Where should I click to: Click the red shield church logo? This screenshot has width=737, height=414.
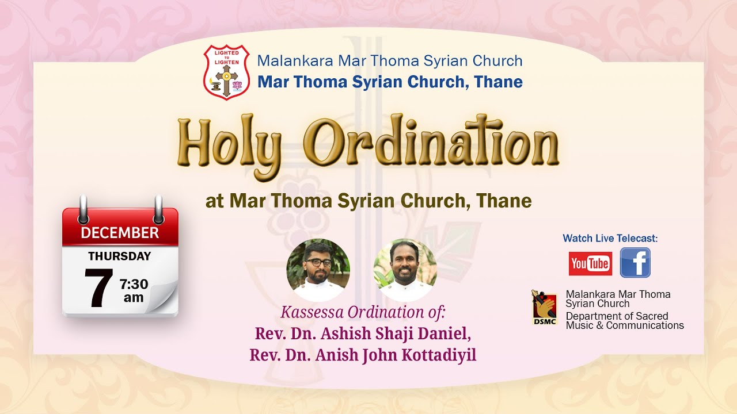pyautogui.click(x=226, y=72)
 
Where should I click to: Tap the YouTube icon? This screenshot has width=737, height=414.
pyautogui.click(x=590, y=263)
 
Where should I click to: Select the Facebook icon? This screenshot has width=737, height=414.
pyautogui.click(x=635, y=263)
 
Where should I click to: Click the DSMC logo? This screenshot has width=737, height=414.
pyautogui.click(x=544, y=308)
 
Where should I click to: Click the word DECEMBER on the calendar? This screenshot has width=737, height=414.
pyautogui.click(x=120, y=232)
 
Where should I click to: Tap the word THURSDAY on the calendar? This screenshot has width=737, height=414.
pyautogui.click(x=120, y=256)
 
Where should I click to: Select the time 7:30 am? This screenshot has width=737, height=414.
pyautogui.click(x=134, y=290)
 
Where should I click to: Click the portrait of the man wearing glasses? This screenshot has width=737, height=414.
pyautogui.click(x=318, y=270)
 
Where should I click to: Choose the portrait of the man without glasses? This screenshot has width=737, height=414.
pyautogui.click(x=405, y=270)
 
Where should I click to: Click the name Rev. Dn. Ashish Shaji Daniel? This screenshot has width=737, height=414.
pyautogui.click(x=363, y=334)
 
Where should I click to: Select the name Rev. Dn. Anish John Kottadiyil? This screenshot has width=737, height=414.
pyautogui.click(x=363, y=355)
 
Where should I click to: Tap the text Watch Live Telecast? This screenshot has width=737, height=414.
pyautogui.click(x=610, y=238)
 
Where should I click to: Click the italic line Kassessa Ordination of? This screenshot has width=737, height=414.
pyautogui.click(x=363, y=313)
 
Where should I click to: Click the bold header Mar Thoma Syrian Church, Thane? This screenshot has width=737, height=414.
pyautogui.click(x=390, y=82)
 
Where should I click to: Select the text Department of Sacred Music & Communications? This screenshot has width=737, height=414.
pyautogui.click(x=624, y=321)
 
